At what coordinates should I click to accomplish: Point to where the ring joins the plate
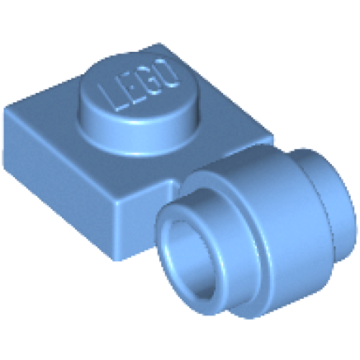[x=176, y=187]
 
